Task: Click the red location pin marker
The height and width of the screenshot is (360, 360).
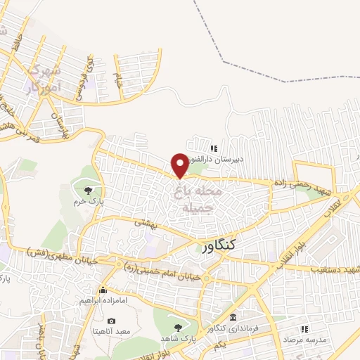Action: click(181, 165)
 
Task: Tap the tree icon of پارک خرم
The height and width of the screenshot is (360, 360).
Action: click(88, 190)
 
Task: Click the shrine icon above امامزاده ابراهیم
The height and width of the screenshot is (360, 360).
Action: click(103, 290)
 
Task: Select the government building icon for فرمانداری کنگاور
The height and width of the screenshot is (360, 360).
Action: click(233, 318)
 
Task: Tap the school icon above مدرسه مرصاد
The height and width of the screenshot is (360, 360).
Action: click(306, 328)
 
